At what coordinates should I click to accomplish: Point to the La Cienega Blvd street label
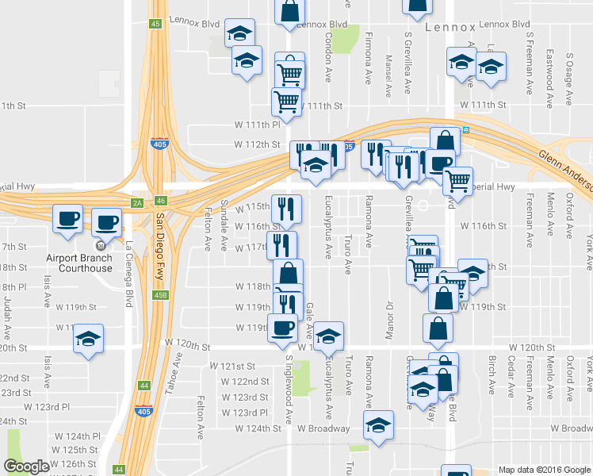pyautogui.click(x=127, y=274)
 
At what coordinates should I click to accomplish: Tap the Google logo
pyautogui.click(x=27, y=466)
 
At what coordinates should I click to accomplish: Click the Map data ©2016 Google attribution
pyautogui.click(x=544, y=470)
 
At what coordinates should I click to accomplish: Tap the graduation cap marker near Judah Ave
pyautogui.click(x=89, y=340)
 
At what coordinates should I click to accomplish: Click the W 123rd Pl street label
pyautogui.click(x=246, y=413)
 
